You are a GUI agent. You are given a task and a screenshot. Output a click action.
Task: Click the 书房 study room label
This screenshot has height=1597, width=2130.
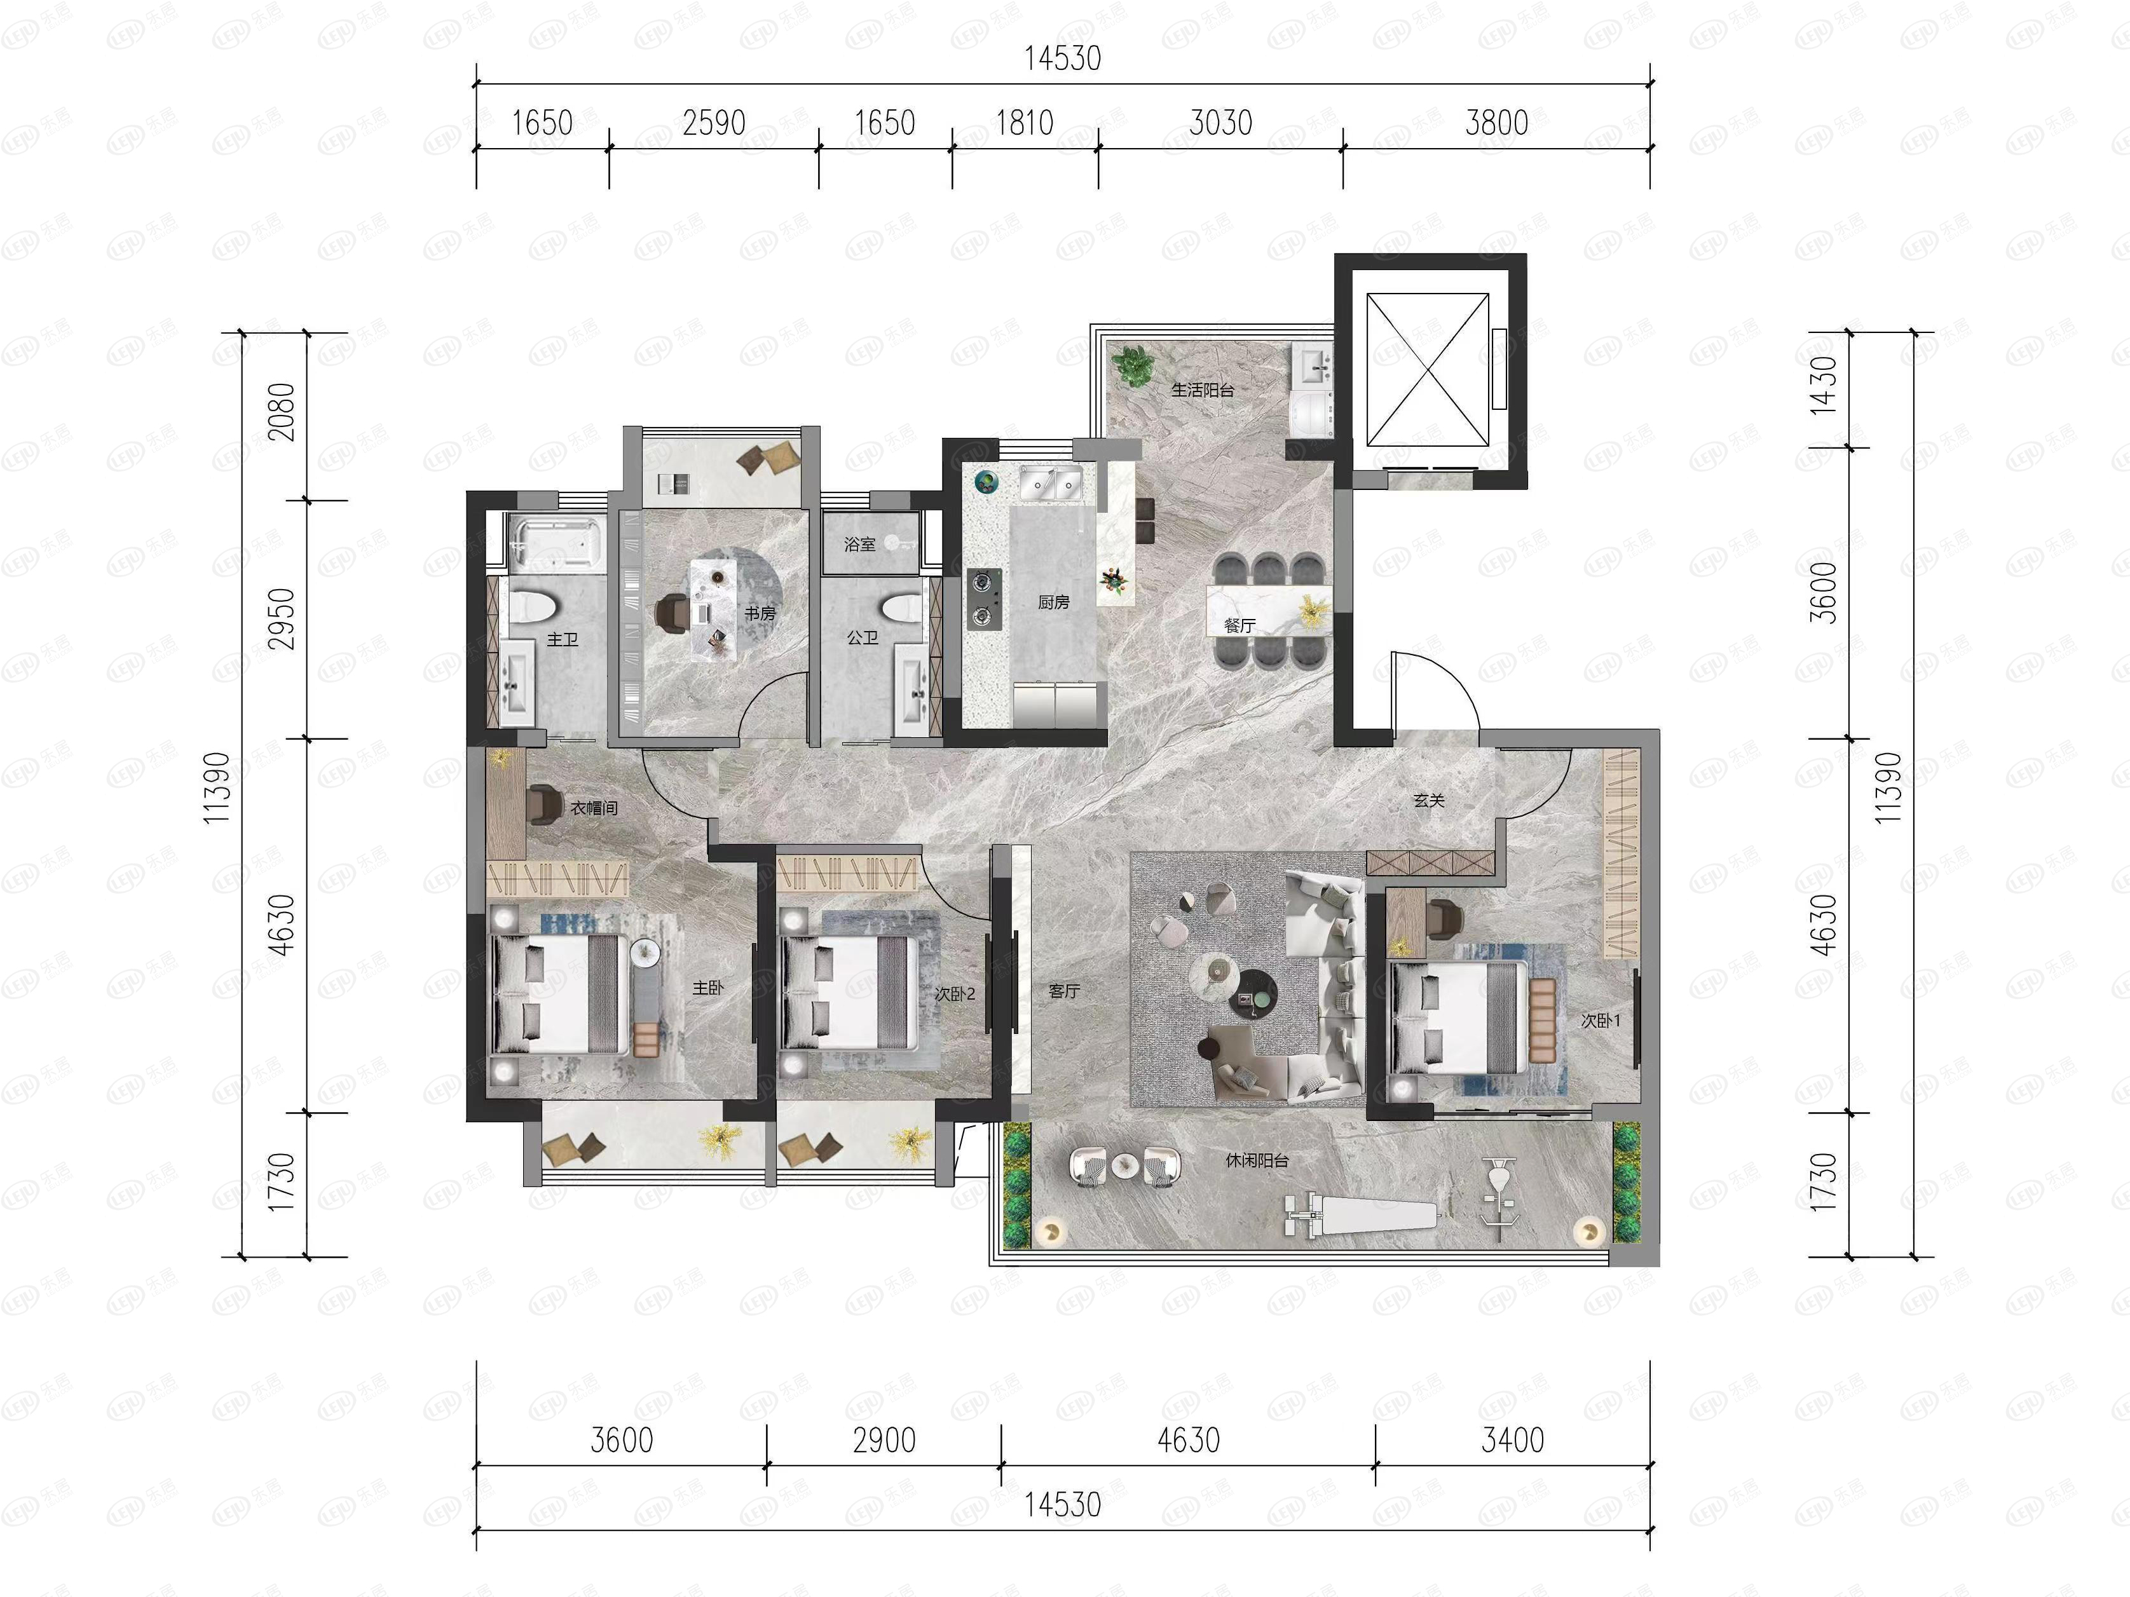click(x=760, y=613)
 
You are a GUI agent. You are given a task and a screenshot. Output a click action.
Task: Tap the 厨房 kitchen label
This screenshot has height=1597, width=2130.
click(x=1053, y=602)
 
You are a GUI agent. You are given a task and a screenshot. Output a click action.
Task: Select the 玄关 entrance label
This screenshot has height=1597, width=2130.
click(x=1429, y=800)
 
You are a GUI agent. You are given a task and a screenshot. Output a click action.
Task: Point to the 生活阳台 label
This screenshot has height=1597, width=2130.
click(x=1203, y=390)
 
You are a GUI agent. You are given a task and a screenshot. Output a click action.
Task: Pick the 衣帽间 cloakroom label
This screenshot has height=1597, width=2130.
click(x=594, y=808)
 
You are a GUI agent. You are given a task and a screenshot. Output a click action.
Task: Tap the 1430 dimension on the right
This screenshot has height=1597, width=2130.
click(x=1824, y=386)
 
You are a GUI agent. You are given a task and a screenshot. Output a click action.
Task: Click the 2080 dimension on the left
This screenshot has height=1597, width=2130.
click(x=281, y=412)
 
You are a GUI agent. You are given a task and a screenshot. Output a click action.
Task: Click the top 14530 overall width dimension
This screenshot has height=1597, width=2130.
click(x=1062, y=58)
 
